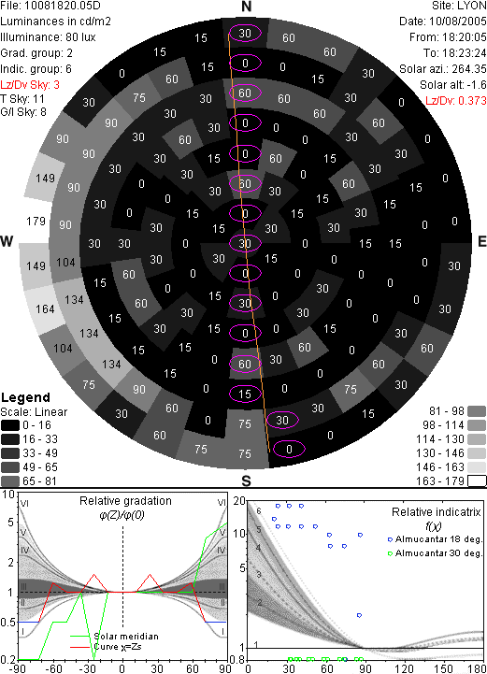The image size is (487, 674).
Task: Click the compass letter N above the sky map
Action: (x=246, y=7)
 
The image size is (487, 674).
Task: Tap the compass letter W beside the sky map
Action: (x=7, y=241)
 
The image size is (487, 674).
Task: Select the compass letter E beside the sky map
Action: (x=481, y=241)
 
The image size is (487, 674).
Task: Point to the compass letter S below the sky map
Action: (x=246, y=481)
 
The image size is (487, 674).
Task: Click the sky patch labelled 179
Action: (x=36, y=222)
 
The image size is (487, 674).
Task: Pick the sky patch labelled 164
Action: (x=45, y=309)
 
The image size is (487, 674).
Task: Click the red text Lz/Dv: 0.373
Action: (x=456, y=101)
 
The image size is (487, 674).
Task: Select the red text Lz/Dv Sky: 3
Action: (x=30, y=85)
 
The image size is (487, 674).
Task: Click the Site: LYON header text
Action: (x=459, y=6)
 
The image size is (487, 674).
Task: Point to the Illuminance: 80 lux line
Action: (x=48, y=37)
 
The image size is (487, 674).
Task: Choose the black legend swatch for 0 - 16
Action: (x=10, y=425)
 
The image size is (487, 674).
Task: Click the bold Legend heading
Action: (x=25, y=397)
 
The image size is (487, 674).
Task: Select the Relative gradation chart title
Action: (x=125, y=501)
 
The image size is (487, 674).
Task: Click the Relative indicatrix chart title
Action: (x=436, y=512)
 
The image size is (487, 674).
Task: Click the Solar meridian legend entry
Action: (x=114, y=637)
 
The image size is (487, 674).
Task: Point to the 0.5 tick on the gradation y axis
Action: (x=8, y=622)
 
